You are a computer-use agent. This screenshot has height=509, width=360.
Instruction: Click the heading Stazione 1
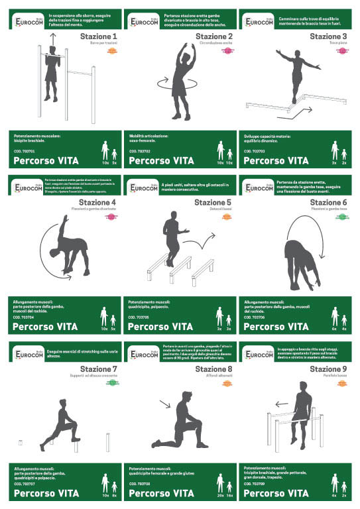click(98, 36)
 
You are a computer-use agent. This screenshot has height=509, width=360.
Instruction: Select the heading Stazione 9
click(328, 368)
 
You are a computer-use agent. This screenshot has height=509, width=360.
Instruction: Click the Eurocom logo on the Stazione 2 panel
click(142, 22)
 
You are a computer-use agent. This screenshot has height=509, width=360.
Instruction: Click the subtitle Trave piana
click(337, 44)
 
